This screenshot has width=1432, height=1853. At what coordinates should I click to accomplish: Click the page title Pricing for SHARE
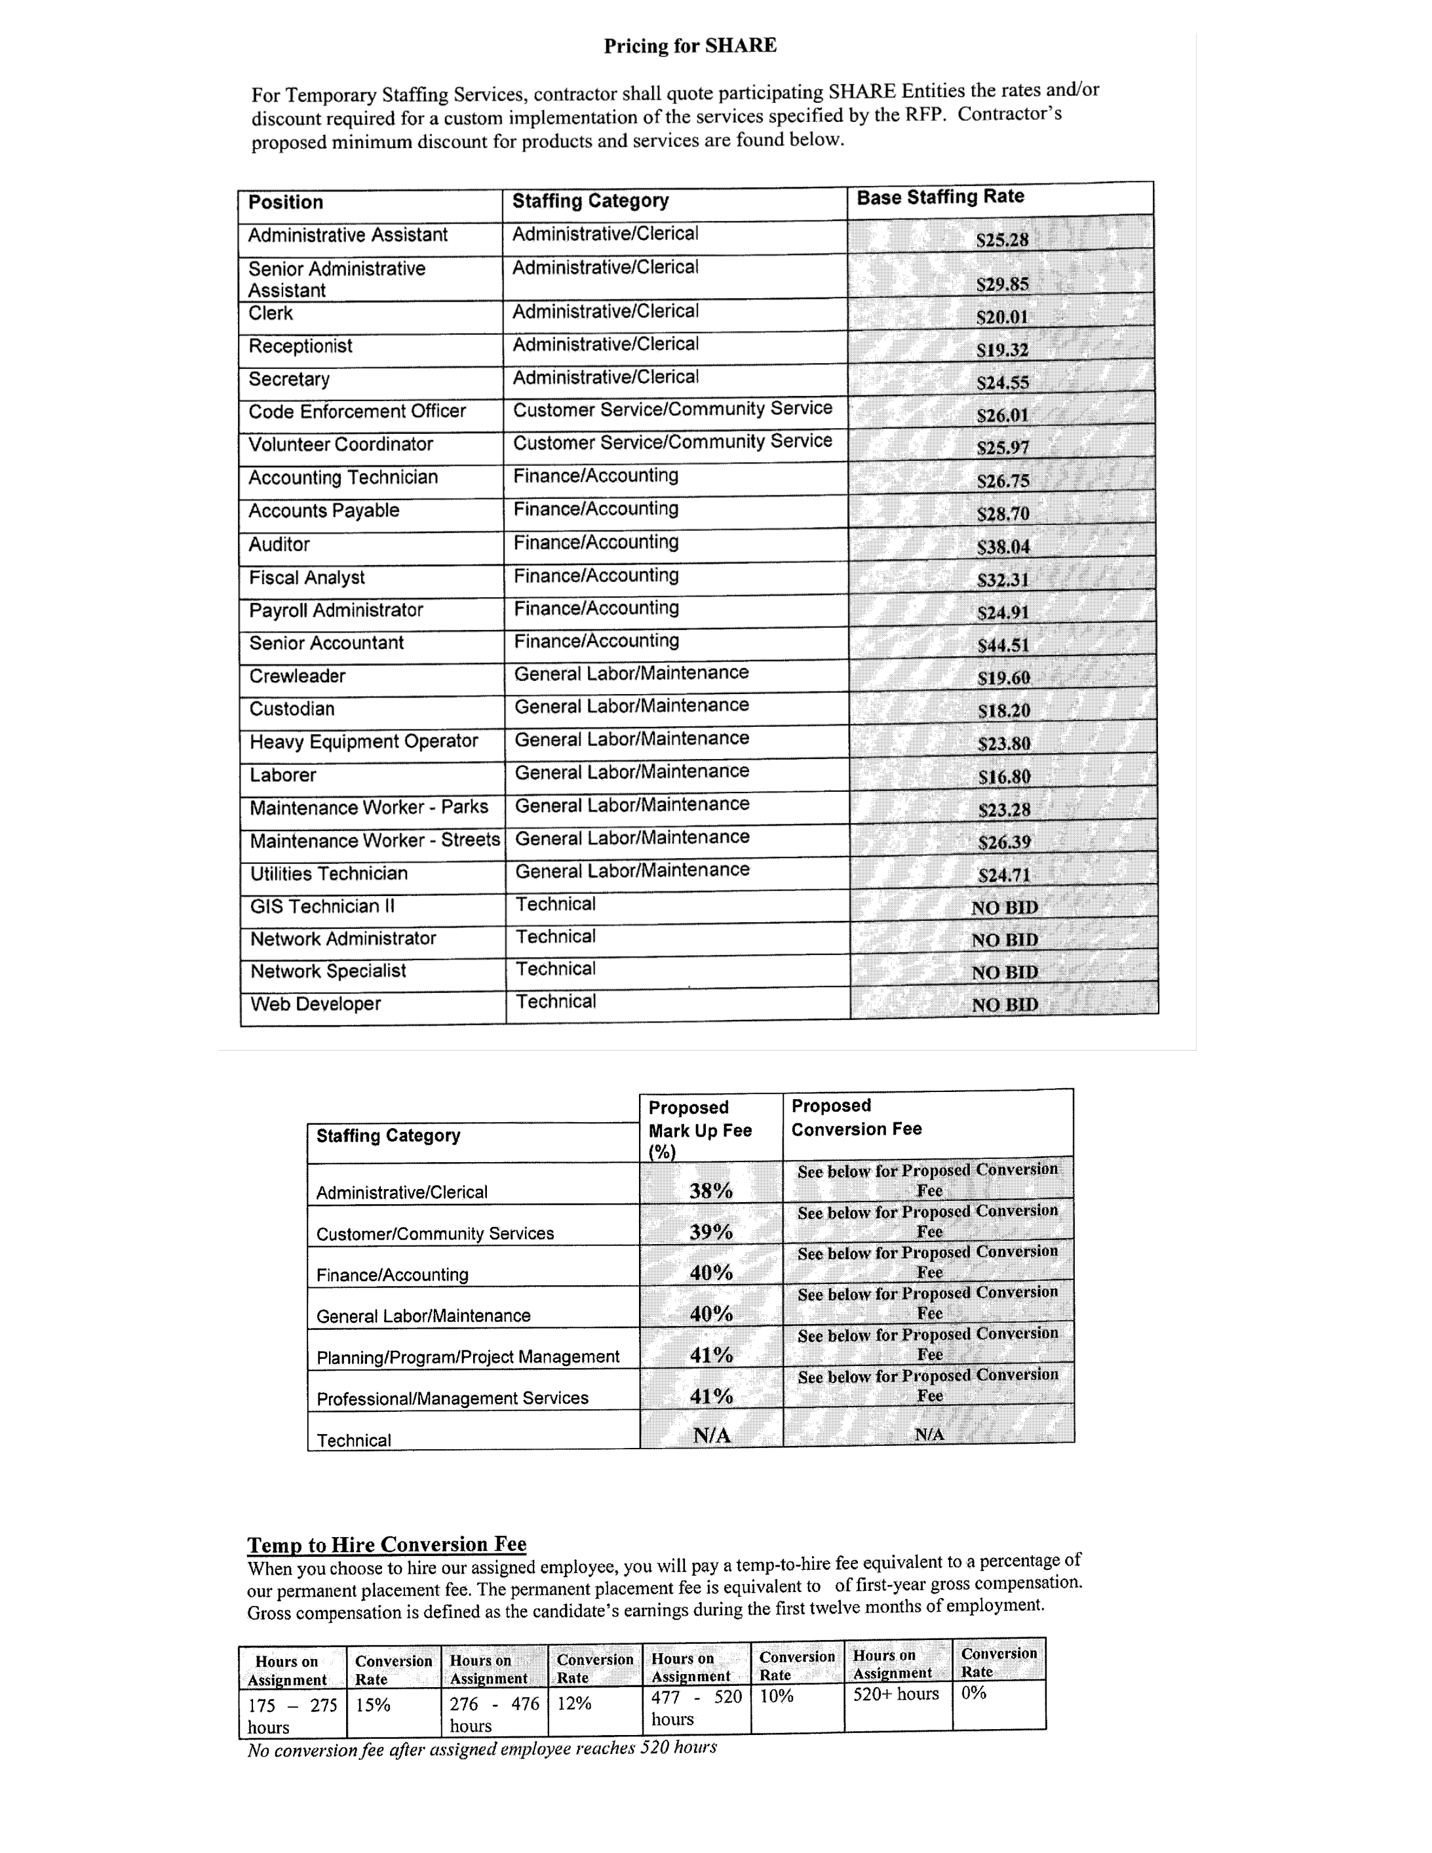(689, 46)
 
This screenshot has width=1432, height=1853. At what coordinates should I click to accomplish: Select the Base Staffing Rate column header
(940, 197)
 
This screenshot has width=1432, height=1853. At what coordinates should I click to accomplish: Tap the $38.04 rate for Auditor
(1003, 547)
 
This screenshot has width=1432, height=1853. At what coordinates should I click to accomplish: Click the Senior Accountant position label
(326, 643)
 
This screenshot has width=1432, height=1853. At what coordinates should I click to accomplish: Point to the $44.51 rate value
(1003, 646)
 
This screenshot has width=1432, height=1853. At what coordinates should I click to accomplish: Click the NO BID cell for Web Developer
(1005, 1005)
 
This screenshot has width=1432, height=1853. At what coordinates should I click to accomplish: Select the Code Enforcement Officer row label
(357, 412)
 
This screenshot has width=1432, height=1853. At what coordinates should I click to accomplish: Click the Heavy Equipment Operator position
(364, 741)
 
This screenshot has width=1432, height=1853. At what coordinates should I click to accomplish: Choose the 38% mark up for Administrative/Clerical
(711, 1190)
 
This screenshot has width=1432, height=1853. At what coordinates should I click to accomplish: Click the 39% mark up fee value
(711, 1232)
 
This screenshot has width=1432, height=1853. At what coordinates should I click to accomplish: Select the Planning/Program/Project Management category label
(467, 1357)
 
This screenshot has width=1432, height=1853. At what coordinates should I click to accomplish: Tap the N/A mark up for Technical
(711, 1435)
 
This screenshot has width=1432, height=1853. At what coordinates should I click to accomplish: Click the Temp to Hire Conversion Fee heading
(387, 1544)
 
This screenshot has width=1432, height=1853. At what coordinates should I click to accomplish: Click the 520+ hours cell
(896, 1694)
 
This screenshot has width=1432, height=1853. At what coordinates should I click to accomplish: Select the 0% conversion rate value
(974, 1692)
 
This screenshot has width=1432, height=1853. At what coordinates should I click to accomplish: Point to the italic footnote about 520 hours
(482, 1749)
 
